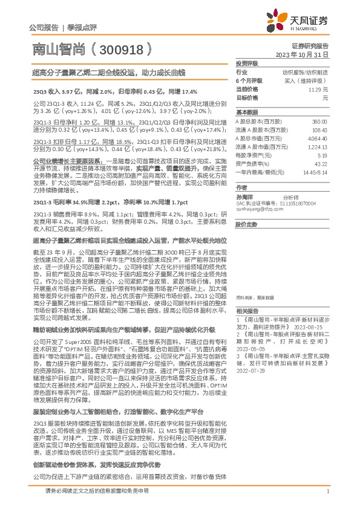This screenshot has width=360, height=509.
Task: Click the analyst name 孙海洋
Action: (243, 198)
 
